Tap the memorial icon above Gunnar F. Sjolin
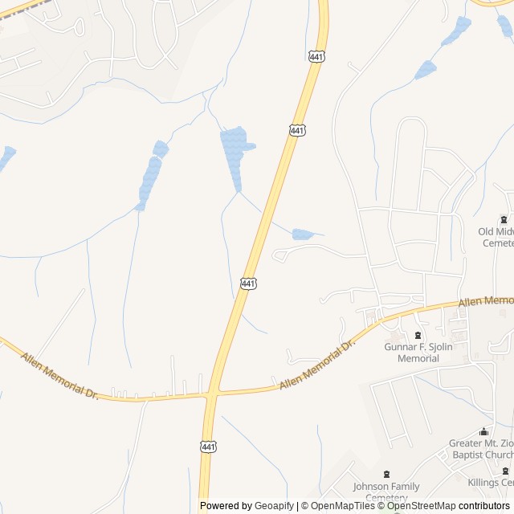(418, 335)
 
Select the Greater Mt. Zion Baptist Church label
(481, 449)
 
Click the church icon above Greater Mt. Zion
(483, 432)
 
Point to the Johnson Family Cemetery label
(386, 491)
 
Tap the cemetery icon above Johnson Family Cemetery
(387, 474)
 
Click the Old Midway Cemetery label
(496, 237)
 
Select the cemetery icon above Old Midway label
(504, 219)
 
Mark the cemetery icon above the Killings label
(505, 471)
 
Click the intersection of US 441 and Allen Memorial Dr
(211, 394)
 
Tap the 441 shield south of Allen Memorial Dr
(208, 447)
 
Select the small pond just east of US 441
(303, 235)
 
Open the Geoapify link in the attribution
(274, 506)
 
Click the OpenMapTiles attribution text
(341, 506)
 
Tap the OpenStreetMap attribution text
(421, 506)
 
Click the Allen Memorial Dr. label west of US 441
(59, 377)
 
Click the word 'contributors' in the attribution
(484, 506)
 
